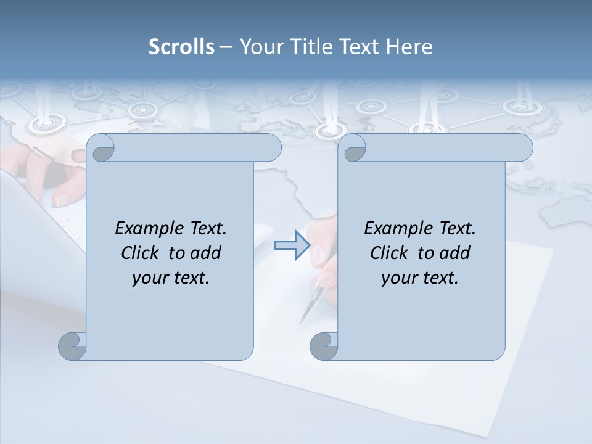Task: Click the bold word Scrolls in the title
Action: pyautogui.click(x=181, y=47)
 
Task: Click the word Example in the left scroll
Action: pyautogui.click(x=144, y=229)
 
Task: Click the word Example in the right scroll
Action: pyautogui.click(x=393, y=229)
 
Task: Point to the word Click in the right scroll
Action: pyautogui.click(x=388, y=253)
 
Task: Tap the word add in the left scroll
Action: pyautogui.click(x=205, y=253)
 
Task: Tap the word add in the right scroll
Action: pyautogui.click(x=455, y=253)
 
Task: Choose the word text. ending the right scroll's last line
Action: pyautogui.click(x=438, y=277)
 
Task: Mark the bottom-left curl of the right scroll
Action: pyautogui.click(x=324, y=346)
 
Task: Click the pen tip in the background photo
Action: pyautogui.click(x=303, y=319)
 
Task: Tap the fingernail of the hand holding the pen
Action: pyautogui.click(x=318, y=253)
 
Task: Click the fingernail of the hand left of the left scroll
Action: pyautogui.click(x=62, y=199)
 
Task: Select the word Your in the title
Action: pyautogui.click(x=259, y=47)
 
